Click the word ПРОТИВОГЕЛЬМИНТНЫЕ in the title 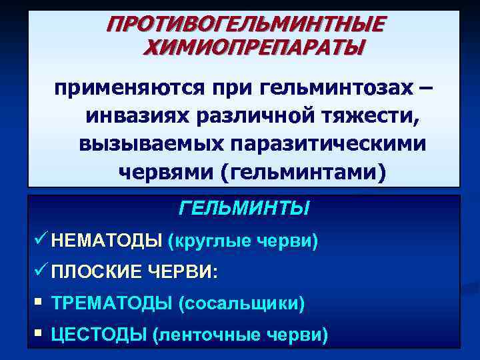tap(245, 24)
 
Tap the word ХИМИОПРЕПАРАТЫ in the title tap(254, 48)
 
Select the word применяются tap(125, 88)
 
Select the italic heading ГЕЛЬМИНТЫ tap(244, 209)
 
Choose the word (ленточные tap(206, 335)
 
